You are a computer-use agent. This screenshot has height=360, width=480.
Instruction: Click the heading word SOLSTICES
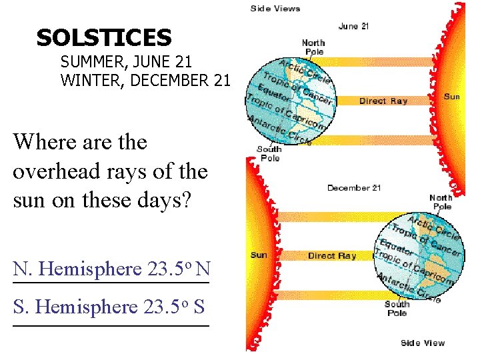pyautogui.click(x=104, y=37)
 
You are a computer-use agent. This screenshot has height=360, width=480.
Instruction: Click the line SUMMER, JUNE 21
pyautogui.click(x=126, y=63)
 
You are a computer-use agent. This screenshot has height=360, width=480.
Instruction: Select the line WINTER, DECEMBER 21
pyautogui.click(x=145, y=81)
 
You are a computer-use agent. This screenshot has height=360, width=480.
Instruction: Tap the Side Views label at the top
pyautogui.click(x=275, y=9)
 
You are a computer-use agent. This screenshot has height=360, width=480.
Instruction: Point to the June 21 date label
pyautogui.click(x=353, y=26)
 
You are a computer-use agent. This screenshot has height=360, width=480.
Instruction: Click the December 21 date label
pyautogui.click(x=354, y=188)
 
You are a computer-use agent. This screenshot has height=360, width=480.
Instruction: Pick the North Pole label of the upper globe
pyautogui.click(x=313, y=47)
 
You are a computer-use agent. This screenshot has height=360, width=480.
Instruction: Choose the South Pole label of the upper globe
pyautogui.click(x=269, y=153)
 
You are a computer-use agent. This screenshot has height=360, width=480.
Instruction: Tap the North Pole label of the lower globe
pyautogui.click(x=441, y=202)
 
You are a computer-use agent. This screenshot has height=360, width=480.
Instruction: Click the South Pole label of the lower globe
pyautogui.click(x=397, y=309)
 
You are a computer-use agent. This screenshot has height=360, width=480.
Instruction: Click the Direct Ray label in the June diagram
pyautogui.click(x=383, y=101)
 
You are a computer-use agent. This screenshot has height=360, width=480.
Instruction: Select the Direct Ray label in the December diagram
pyautogui.click(x=332, y=256)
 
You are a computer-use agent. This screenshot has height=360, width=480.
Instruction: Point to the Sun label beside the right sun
pyautogui.click(x=451, y=97)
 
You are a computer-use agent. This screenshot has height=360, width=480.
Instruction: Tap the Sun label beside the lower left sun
pyautogui.click(x=259, y=255)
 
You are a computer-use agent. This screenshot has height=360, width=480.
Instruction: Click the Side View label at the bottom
pyautogui.click(x=423, y=343)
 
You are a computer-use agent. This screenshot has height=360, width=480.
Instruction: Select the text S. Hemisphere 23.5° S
pyautogui.click(x=109, y=307)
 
